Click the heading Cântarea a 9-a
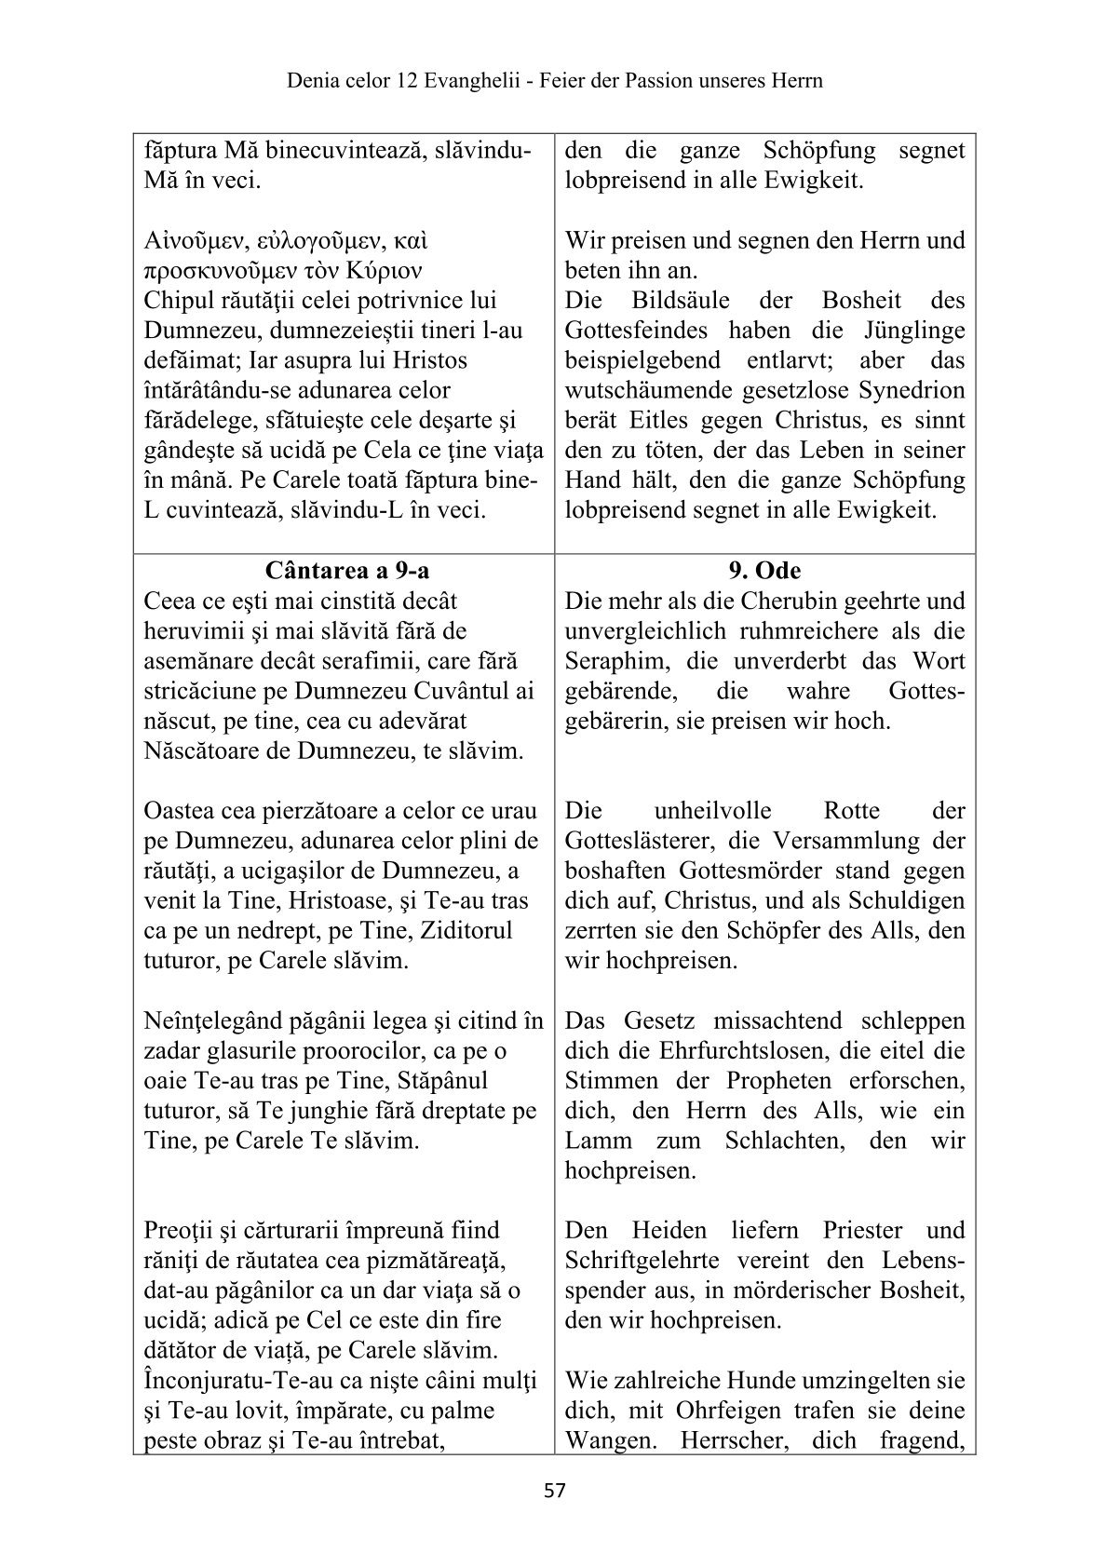click(346, 570)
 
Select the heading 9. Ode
click(764, 570)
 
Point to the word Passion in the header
click(643, 81)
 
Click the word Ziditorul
click(466, 931)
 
